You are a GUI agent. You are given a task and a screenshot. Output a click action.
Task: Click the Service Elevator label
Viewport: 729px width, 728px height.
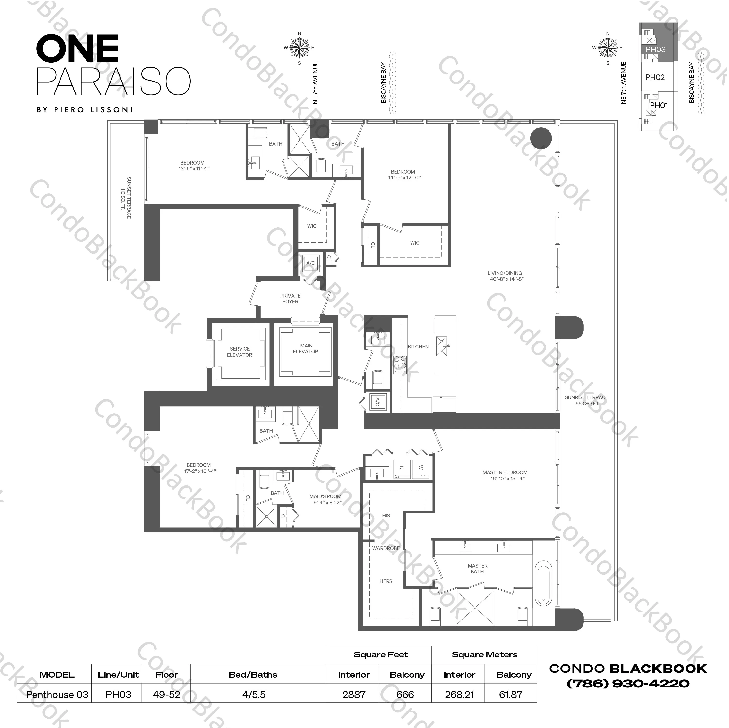tap(240, 352)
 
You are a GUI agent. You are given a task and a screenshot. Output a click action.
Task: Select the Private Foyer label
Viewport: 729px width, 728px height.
tap(290, 298)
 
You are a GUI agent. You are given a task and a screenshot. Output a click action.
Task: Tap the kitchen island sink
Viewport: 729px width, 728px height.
tap(442, 346)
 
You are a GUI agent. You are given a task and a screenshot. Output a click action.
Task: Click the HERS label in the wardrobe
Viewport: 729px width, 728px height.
tap(386, 581)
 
